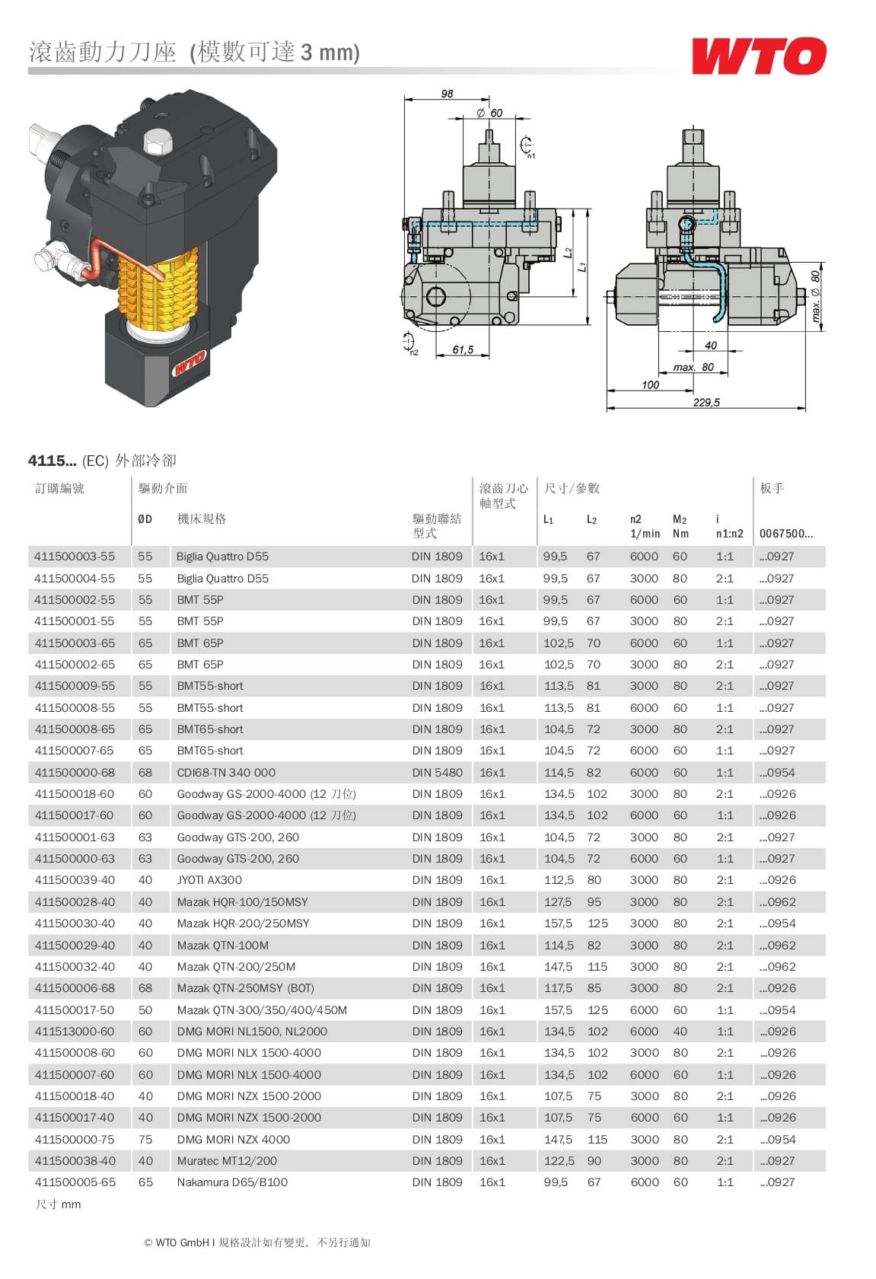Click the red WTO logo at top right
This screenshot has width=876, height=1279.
(x=758, y=56)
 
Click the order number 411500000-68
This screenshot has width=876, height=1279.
(x=75, y=772)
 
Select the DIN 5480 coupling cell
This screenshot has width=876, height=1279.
(x=437, y=772)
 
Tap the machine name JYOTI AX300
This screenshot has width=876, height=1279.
(x=209, y=880)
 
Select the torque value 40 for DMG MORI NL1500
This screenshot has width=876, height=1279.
(x=680, y=1032)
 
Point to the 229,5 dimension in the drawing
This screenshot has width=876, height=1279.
(x=706, y=402)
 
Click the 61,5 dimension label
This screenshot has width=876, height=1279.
(x=463, y=349)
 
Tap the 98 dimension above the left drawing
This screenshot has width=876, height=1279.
(x=447, y=94)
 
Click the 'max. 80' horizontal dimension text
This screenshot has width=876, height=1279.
(x=693, y=367)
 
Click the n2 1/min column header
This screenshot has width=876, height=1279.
(x=644, y=526)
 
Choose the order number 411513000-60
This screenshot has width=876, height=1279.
(x=75, y=1032)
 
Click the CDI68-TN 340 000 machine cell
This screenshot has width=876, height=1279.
(x=226, y=772)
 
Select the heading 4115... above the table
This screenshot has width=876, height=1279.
(x=52, y=461)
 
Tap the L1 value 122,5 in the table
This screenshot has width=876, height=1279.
(x=559, y=1161)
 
